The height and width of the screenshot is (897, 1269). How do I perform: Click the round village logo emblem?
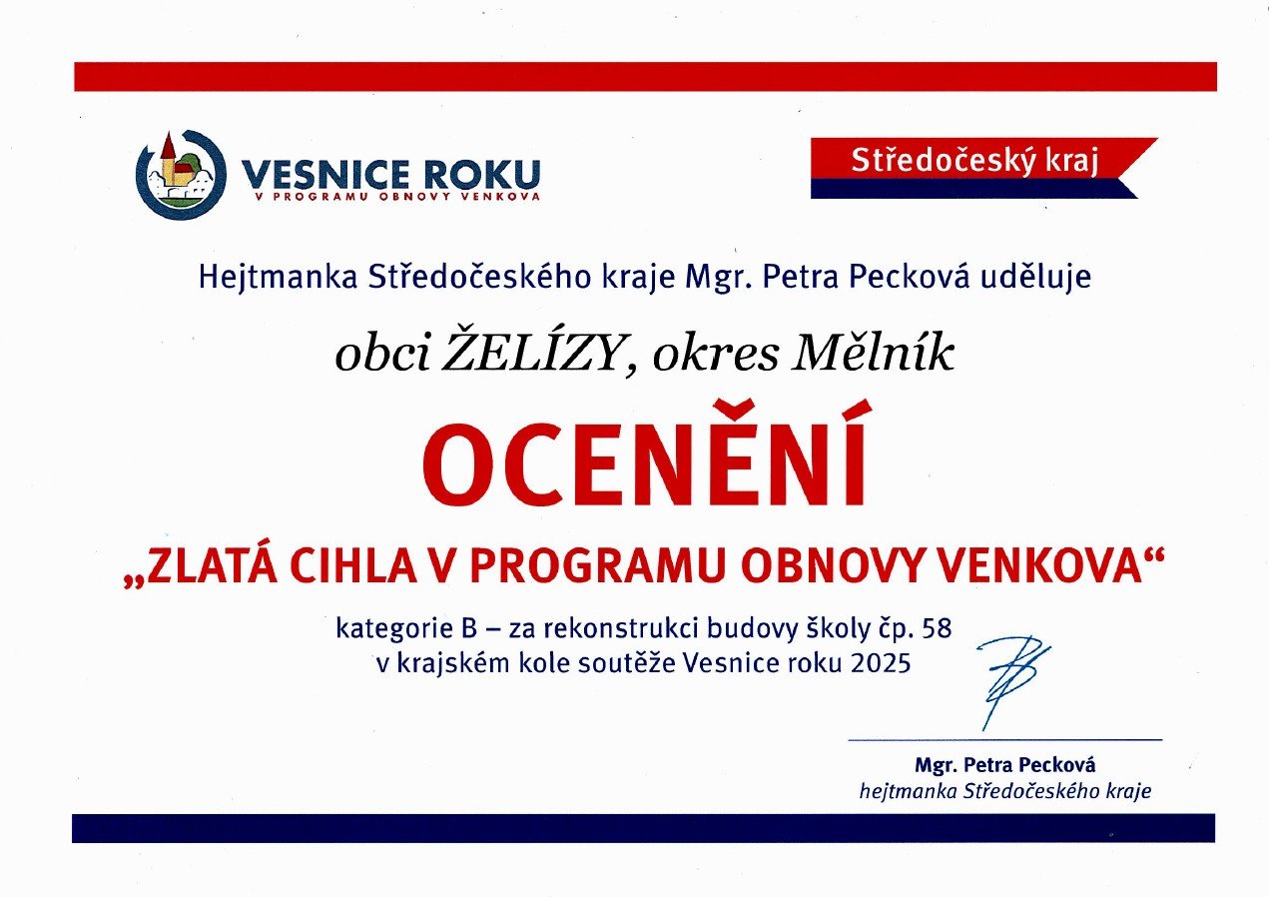[181, 174]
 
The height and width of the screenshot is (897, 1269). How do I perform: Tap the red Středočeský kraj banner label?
[974, 161]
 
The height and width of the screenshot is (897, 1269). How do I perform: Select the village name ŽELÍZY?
[529, 355]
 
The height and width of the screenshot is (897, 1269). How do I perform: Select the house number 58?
[937, 628]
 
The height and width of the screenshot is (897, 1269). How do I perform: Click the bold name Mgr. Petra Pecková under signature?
[1005, 765]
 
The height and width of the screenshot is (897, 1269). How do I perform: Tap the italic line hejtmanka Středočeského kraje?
[1005, 791]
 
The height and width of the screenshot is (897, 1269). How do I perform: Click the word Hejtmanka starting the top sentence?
[279, 279]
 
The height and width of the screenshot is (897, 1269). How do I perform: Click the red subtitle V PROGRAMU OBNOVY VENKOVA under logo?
[397, 197]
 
